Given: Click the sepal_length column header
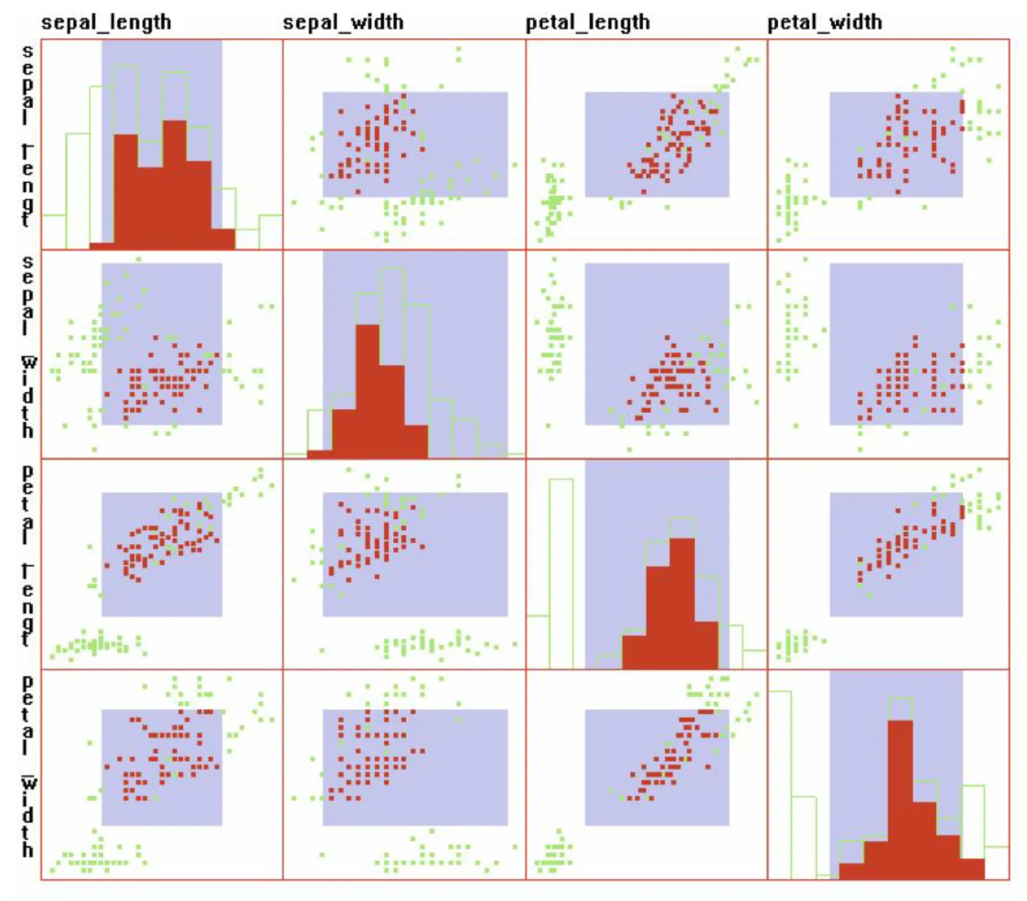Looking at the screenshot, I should click(x=106, y=22).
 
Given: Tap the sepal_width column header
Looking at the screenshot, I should click(x=343, y=22).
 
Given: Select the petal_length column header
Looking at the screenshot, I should click(x=587, y=22).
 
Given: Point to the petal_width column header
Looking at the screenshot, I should click(x=824, y=22).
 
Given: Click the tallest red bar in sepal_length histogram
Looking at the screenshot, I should click(x=175, y=187).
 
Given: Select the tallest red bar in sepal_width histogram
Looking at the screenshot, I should click(x=367, y=391).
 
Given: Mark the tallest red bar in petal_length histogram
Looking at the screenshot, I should click(x=682, y=602).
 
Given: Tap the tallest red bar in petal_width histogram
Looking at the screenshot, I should click(x=901, y=799).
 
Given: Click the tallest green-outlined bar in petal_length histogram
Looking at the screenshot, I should click(x=561, y=575).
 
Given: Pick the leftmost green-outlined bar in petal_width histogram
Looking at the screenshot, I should click(x=780, y=785).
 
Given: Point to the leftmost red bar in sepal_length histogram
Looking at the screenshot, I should click(x=101, y=246).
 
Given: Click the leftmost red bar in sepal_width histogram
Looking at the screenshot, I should click(x=319, y=454).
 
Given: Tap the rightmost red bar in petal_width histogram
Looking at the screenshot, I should click(x=973, y=869).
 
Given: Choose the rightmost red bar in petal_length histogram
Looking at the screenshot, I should click(x=707, y=645).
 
